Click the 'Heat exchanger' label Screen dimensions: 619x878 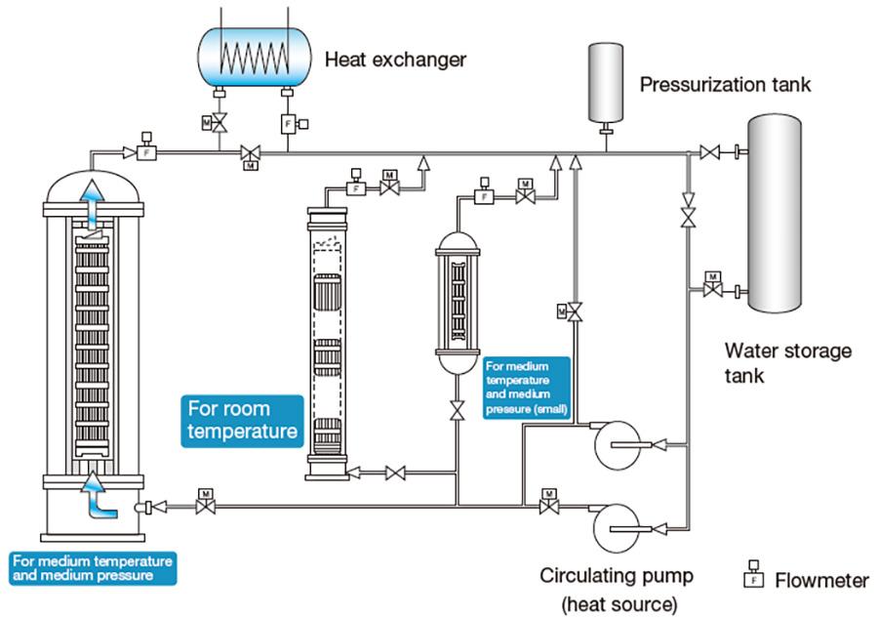tap(395, 60)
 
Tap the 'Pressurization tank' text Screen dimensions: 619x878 tap(725, 85)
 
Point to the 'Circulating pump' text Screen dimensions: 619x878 tap(617, 575)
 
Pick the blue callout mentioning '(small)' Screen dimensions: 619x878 tap(527, 387)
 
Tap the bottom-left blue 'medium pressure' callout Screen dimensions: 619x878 tap(93, 568)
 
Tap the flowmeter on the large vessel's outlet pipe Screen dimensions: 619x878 tap(144, 152)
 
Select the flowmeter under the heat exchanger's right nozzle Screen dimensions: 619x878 tap(288, 124)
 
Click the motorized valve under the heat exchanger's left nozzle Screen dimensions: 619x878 tap(219, 123)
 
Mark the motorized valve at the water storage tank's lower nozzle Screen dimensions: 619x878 tap(712, 290)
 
